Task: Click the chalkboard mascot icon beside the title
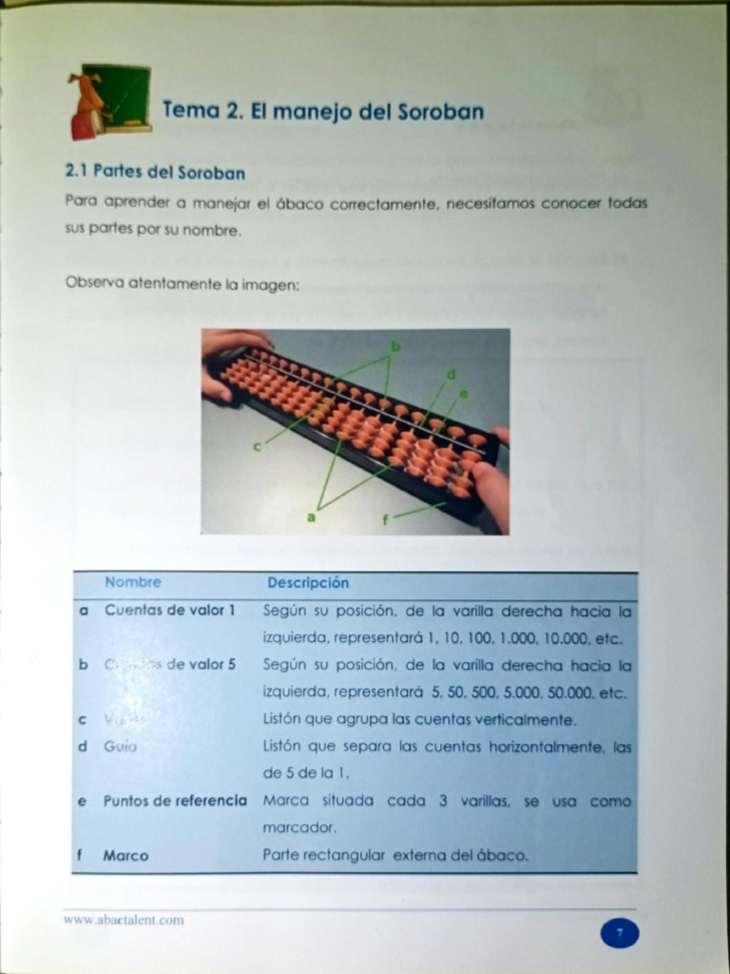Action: pos(109,101)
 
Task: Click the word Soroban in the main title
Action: pos(440,111)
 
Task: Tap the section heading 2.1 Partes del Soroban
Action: pos(155,173)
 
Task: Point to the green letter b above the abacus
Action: pos(395,346)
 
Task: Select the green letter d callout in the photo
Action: pos(451,373)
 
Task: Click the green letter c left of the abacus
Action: pos(257,446)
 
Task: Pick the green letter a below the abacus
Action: pos(310,516)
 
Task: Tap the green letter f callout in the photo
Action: pos(386,518)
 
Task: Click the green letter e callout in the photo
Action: pos(464,392)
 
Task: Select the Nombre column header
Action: pos(133,582)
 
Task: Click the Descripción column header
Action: pos(308,582)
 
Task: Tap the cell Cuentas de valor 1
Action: pos(169,611)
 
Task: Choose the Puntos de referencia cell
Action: pos(175,801)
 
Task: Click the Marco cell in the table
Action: pos(125,855)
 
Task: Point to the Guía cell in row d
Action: pos(121,747)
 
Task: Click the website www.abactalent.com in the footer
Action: pos(124,920)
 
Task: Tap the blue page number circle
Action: pos(619,933)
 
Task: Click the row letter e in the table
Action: pos(82,801)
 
